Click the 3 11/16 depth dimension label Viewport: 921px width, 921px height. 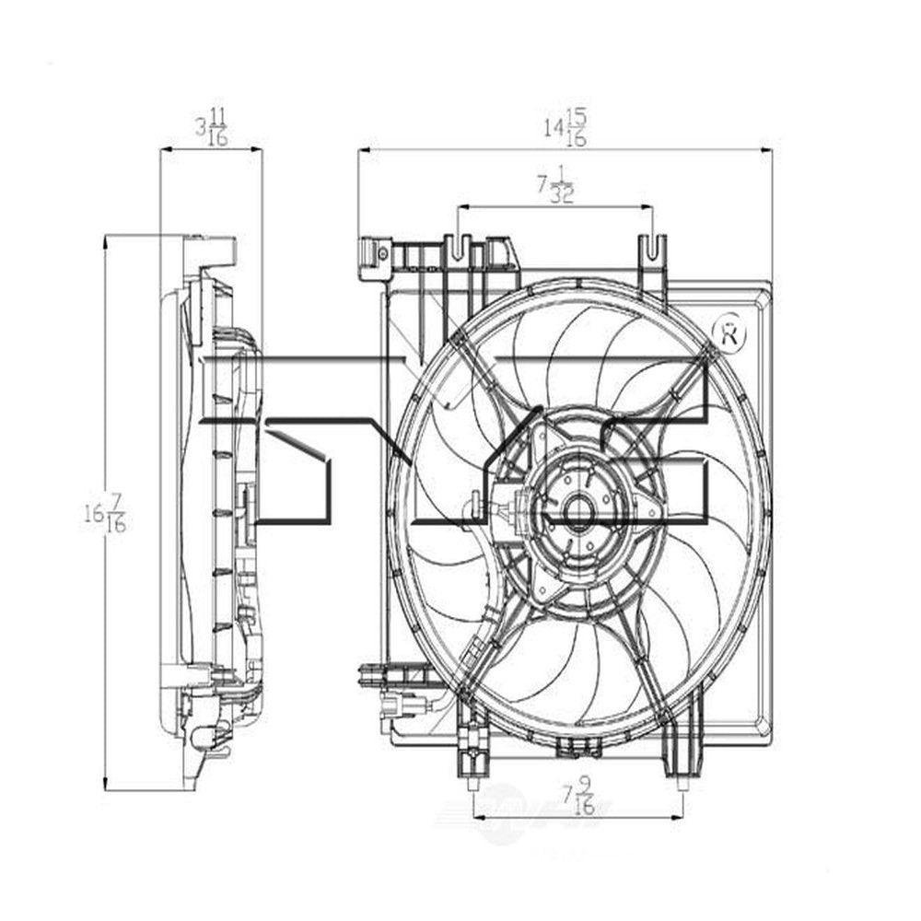[211, 127]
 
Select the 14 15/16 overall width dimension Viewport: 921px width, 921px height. [565, 127]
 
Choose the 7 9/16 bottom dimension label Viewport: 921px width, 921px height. [578, 795]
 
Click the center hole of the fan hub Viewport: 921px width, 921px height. [577, 513]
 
